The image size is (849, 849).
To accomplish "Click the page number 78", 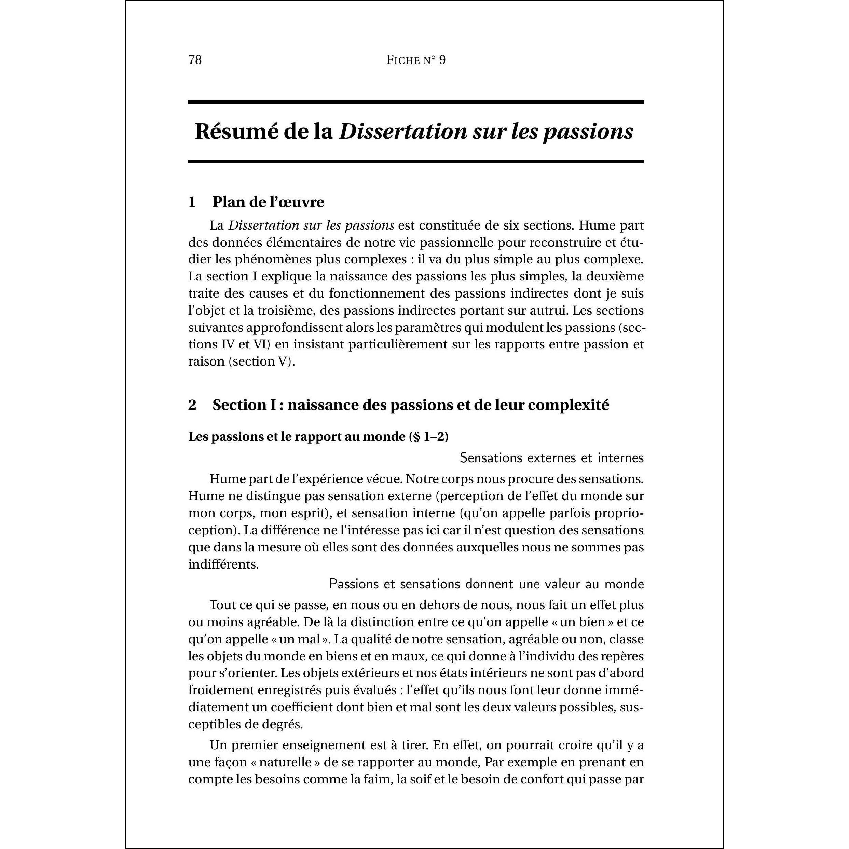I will [195, 60].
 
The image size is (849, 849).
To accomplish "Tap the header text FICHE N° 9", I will [416, 60].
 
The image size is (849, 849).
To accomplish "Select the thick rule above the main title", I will [416, 102].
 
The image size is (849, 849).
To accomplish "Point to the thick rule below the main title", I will [416, 161].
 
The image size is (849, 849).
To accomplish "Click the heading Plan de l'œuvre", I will [268, 202].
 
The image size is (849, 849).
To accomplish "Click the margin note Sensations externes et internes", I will [551, 458].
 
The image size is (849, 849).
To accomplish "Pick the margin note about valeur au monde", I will [486, 584].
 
